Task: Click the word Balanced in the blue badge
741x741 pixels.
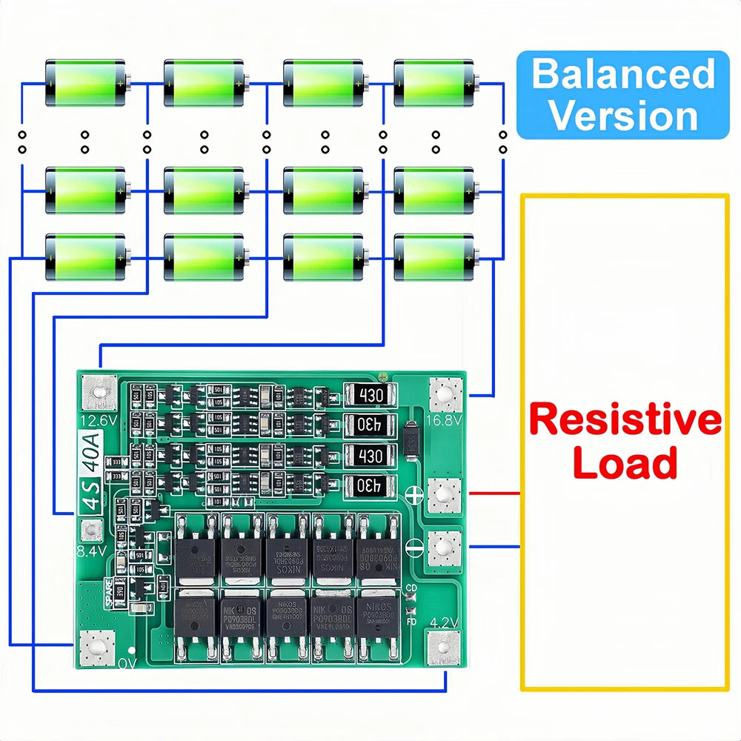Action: coord(622,75)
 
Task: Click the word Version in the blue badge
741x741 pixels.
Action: coord(622,116)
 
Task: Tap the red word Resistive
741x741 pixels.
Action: coord(625,420)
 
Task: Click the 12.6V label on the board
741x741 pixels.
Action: coord(97,421)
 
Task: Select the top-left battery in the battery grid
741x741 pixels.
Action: coord(84,83)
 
